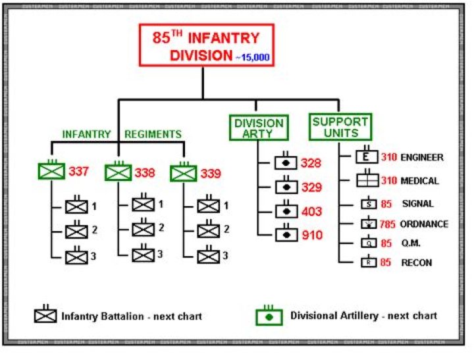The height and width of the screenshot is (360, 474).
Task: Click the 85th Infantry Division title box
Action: click(207, 45)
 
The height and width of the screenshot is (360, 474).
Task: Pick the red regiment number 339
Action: click(210, 173)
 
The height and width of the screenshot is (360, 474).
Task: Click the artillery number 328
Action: click(311, 163)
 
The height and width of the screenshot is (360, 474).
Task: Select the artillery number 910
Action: click(311, 235)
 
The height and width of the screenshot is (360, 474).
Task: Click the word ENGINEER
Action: click(422, 158)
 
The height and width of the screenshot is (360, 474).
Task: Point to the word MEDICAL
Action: click(420, 181)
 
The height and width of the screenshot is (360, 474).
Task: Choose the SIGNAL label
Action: click(417, 204)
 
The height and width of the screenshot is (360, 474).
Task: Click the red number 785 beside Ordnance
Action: click(388, 224)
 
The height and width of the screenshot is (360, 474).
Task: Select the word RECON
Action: click(416, 263)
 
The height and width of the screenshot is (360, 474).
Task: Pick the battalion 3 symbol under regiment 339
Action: click(208, 255)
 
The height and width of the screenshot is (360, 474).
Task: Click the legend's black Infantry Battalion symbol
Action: click(45, 315)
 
